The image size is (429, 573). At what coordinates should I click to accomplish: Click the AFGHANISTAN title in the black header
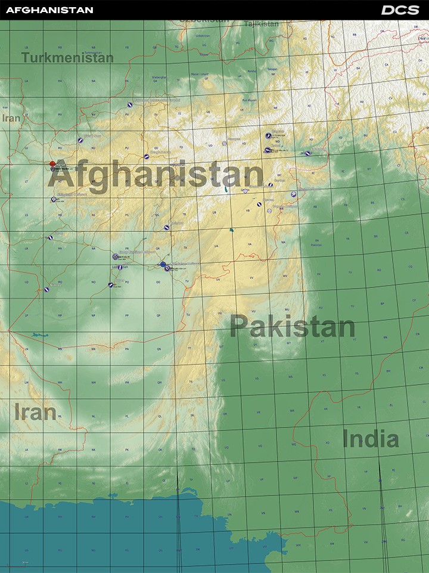[x=49, y=10]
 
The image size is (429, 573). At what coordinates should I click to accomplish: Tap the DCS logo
[x=400, y=10]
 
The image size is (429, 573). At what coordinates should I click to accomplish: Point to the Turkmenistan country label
[x=67, y=58]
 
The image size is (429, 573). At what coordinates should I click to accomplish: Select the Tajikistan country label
[x=261, y=24]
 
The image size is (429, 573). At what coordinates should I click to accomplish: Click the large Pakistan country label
[x=292, y=327]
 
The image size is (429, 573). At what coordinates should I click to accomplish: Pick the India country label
[x=370, y=439]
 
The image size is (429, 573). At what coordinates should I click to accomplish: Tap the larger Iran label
[x=35, y=411]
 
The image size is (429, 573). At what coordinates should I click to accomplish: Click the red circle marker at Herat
[x=52, y=163]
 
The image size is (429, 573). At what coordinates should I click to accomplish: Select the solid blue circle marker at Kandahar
[x=163, y=264]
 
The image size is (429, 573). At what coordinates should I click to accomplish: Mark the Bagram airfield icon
[x=268, y=135]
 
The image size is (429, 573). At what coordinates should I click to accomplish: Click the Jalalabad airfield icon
[x=307, y=153]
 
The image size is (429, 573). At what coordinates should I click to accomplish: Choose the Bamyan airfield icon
[x=224, y=143]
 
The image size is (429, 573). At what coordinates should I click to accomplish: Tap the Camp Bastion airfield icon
[x=115, y=256]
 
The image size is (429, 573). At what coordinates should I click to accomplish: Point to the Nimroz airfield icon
[x=47, y=290]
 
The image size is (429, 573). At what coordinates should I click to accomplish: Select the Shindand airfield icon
[x=54, y=199]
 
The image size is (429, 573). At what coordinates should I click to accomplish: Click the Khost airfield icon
[x=293, y=194]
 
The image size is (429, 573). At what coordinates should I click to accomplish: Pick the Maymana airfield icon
[x=130, y=104]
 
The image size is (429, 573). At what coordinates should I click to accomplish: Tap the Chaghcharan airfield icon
[x=147, y=157]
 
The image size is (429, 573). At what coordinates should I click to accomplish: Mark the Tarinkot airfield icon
[x=167, y=227]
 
